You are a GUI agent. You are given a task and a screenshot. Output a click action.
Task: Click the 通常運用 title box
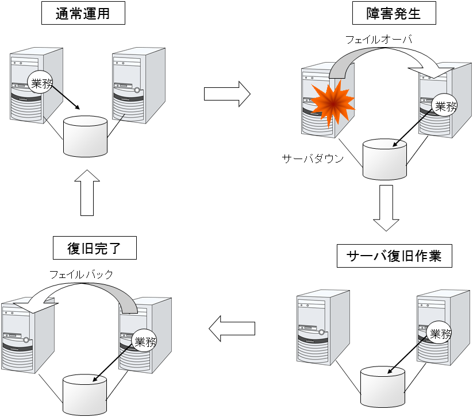[x=83, y=14]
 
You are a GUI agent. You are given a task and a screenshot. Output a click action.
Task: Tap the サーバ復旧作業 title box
[x=394, y=256]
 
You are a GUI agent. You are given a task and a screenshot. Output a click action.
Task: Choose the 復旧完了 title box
[x=94, y=249]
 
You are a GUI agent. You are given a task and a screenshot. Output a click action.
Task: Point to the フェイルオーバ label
[x=379, y=40]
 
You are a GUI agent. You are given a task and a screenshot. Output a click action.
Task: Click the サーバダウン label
[x=313, y=159]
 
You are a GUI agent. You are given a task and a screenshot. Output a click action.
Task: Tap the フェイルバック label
[x=81, y=275]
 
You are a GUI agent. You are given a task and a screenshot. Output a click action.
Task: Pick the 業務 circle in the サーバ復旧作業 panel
[x=440, y=333]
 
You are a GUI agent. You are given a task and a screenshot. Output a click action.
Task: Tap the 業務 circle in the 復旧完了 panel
[x=144, y=341]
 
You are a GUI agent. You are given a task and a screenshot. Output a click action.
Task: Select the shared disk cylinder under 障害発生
[x=384, y=159]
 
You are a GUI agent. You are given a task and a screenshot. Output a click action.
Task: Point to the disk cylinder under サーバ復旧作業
[x=383, y=384]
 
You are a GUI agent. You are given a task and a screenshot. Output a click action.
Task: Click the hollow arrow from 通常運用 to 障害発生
[x=227, y=93]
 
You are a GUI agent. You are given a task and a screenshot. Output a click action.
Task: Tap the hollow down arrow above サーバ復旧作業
[x=386, y=207]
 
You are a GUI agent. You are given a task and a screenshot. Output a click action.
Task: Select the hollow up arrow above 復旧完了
[x=87, y=193]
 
